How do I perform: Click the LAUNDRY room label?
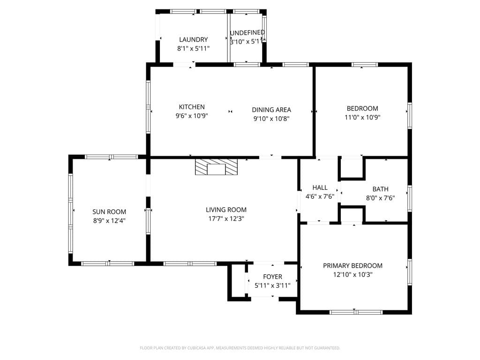click(194, 39)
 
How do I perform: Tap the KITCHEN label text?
click(192, 107)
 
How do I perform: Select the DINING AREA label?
click(271, 110)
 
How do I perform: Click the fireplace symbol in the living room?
click(216, 167)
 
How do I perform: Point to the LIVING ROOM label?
click(226, 210)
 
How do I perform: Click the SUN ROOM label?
click(109, 211)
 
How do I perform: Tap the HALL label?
click(320, 187)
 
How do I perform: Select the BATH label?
click(381, 189)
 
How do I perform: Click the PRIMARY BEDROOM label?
click(352, 266)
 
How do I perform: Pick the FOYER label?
click(272, 277)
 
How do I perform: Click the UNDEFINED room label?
click(247, 32)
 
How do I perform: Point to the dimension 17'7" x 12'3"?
click(226, 218)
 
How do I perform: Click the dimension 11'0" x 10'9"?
click(362, 117)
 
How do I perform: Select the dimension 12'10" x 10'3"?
click(352, 275)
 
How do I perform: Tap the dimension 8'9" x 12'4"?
click(109, 220)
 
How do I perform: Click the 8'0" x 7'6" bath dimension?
click(381, 198)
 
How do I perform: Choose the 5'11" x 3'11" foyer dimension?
click(272, 285)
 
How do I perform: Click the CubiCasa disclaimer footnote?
click(240, 348)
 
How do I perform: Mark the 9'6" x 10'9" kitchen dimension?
click(192, 116)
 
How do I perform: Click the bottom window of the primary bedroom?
click(356, 312)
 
